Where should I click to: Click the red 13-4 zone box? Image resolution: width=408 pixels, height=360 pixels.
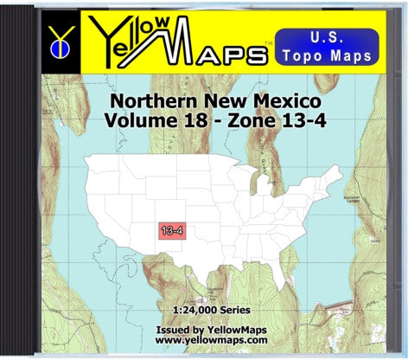click(x=170, y=230)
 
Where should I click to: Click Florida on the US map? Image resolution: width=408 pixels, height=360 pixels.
click(x=295, y=273)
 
